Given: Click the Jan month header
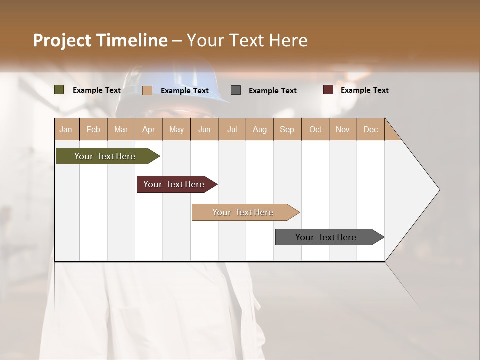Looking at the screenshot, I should pyautogui.click(x=66, y=130).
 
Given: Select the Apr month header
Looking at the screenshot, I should pyautogui.click(x=149, y=130).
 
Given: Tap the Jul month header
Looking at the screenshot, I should pyautogui.click(x=232, y=130).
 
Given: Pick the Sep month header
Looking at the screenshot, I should pyautogui.click(x=287, y=130).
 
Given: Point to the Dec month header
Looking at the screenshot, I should pyautogui.click(x=370, y=130).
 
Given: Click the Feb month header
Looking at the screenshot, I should pyautogui.click(x=93, y=130).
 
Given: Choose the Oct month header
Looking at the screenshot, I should pyautogui.click(x=315, y=130).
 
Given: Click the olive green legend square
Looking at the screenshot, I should pyautogui.click(x=59, y=90).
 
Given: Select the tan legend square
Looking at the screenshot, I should pyautogui.click(x=147, y=90).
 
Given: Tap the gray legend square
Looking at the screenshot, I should pyautogui.click(x=236, y=90).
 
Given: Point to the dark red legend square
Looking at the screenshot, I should pyautogui.click(x=328, y=90).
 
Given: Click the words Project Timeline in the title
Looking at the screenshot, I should pyautogui.click(x=100, y=40).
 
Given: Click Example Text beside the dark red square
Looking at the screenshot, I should pyautogui.click(x=364, y=90).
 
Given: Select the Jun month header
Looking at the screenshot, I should pyautogui.click(x=204, y=130).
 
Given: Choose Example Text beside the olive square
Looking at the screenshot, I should pyautogui.click(x=97, y=90).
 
